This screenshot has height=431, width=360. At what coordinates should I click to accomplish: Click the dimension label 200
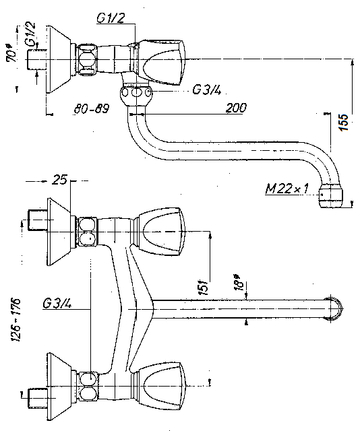click(x=236, y=108)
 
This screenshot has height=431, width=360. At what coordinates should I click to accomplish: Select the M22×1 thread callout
click(x=287, y=189)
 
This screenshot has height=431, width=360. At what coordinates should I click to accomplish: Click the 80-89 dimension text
click(x=92, y=108)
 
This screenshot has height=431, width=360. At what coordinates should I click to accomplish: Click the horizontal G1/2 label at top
click(x=111, y=18)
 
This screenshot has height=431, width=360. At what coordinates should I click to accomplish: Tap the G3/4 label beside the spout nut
click(x=207, y=90)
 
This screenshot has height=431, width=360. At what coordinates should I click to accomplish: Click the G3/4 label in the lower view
click(x=57, y=304)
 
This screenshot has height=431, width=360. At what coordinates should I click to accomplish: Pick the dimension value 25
click(x=59, y=180)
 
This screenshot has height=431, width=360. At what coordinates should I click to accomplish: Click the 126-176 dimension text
click(x=16, y=319)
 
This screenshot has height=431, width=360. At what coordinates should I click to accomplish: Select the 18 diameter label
click(x=239, y=282)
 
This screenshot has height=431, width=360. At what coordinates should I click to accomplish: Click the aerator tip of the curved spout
click(x=331, y=196)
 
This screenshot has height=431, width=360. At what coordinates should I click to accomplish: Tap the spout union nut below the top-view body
click(x=136, y=96)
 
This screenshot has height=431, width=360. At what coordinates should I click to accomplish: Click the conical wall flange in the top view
click(x=60, y=59)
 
